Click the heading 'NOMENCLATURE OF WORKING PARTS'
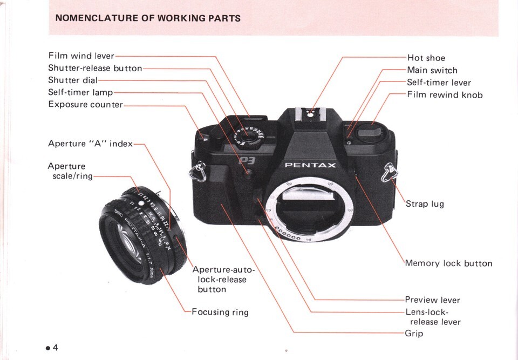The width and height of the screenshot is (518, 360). tap(148, 18)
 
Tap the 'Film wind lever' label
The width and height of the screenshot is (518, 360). tap(81, 56)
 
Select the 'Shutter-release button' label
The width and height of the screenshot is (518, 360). tap(95, 69)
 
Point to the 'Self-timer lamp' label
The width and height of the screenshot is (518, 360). tap(80, 92)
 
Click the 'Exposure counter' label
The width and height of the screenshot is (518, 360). tap(85, 104)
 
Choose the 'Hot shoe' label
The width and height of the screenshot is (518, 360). tap(426, 58)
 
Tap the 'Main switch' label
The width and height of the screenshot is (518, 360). tap(432, 70)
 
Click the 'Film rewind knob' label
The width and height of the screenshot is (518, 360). tap(445, 95)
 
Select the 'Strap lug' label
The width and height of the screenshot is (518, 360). tap(426, 204)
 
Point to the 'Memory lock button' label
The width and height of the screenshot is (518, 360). tap(449, 264)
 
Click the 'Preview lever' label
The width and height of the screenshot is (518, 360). tap(433, 300)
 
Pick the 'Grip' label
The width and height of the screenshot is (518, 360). tap(414, 334)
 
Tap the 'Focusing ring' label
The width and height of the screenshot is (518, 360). tap(221, 312)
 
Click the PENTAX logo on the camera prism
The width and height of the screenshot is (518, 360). tap(310, 165)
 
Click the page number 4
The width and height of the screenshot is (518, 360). tap(54, 347)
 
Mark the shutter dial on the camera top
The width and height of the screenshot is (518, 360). tap(249, 135)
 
